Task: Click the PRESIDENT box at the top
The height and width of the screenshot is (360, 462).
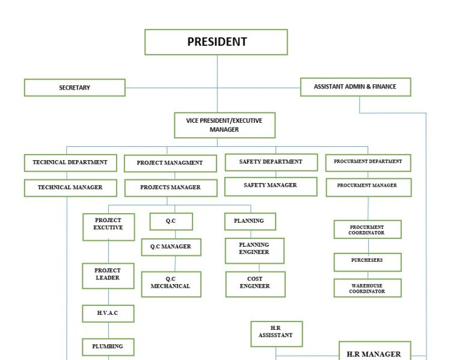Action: (x=216, y=42)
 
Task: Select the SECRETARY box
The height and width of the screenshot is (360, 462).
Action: (x=75, y=87)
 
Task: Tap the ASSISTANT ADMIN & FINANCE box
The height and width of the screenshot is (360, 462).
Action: (x=355, y=87)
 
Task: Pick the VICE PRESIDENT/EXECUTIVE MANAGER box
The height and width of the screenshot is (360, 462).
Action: (x=224, y=125)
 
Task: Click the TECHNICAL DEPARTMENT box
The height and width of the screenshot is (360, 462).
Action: (x=70, y=163)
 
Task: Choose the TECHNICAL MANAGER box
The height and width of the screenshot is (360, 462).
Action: (x=70, y=188)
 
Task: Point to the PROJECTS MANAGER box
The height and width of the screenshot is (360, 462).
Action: (x=170, y=188)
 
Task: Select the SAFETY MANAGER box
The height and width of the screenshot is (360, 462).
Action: (x=270, y=186)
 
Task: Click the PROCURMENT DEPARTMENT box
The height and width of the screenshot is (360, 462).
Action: (x=368, y=163)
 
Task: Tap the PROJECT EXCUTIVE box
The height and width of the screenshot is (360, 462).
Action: (x=108, y=227)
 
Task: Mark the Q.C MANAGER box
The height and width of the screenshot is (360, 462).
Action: (x=171, y=247)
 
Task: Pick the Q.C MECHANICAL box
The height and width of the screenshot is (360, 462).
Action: (x=171, y=284)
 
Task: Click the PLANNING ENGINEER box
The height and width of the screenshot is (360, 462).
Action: (x=254, y=250)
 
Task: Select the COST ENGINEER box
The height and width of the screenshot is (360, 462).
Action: (x=254, y=284)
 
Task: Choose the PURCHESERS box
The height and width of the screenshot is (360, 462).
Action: (x=367, y=261)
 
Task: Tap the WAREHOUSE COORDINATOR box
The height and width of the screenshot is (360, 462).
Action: (x=367, y=288)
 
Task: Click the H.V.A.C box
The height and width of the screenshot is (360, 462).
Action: (x=108, y=313)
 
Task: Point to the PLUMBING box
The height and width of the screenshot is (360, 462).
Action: (x=108, y=347)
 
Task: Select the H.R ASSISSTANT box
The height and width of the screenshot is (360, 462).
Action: (x=276, y=334)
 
